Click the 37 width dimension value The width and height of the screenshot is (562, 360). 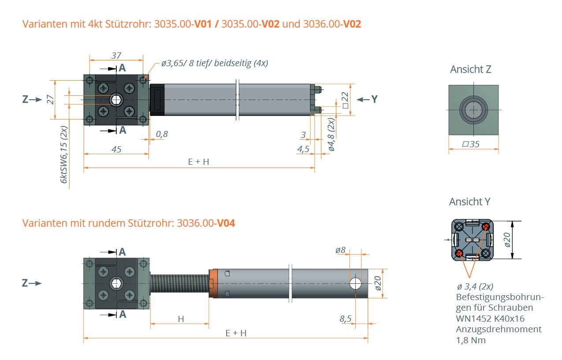pos(116,56)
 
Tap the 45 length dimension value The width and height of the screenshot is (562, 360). pos(116,149)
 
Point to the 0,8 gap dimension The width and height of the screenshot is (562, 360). pos(162,134)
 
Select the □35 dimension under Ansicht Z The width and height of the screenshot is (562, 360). pos(473,144)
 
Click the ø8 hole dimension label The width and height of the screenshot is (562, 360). pos(340,250)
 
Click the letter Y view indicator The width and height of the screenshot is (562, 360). pos(374,99)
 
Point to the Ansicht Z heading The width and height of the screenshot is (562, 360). pos(470,69)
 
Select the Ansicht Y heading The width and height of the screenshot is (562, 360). pos(469,202)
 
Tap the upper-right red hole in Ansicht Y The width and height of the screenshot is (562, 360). pos(485,226)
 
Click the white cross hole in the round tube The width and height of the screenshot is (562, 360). pos(355,283)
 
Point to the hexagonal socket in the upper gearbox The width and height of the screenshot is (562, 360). pos(116,100)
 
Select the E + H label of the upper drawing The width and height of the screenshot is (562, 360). pos(199,162)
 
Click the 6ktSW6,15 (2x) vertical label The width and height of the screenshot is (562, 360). pos(64,155)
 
